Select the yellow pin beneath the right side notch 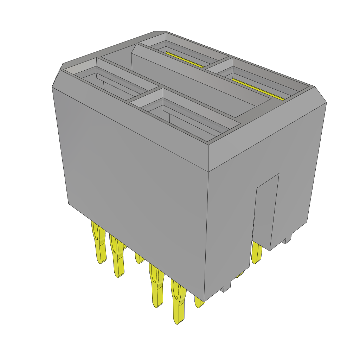coord(256,253)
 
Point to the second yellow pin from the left coord(118,257)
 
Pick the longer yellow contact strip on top coord(258,89)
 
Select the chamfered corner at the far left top coord(57,76)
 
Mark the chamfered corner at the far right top coord(320,94)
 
